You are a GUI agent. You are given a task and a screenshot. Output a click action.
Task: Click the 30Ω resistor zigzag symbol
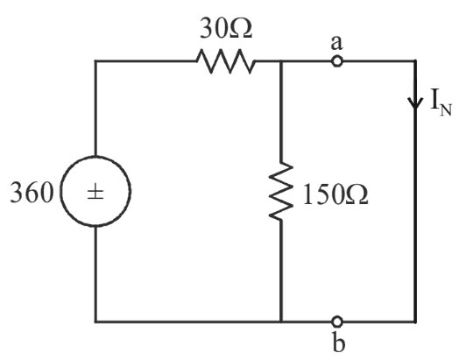tap(225, 61)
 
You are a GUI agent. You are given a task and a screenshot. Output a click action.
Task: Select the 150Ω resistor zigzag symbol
tap(281, 191)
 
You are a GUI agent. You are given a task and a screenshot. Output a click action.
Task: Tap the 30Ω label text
tap(226, 29)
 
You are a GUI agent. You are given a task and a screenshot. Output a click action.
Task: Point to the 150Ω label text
tap(335, 194)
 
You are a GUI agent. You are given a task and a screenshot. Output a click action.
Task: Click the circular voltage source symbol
tap(95, 157)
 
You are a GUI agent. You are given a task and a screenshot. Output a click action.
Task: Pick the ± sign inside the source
tap(95, 194)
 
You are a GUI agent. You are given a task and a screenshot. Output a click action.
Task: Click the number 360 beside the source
tap(32, 193)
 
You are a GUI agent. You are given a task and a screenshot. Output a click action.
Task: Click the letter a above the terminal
tap(336, 43)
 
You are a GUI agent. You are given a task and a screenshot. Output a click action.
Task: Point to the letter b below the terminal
tap(339, 342)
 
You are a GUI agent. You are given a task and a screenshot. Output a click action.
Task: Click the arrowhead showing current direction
tap(415, 103)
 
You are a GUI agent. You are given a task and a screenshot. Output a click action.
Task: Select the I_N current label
tap(441, 103)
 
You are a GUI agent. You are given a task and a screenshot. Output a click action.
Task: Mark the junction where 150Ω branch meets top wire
tap(281, 61)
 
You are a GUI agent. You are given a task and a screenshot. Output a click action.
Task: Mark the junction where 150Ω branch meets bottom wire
tap(281, 322)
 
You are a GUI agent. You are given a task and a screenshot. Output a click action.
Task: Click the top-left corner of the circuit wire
tap(95, 61)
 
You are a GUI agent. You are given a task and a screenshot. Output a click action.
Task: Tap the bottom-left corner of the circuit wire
tap(95, 322)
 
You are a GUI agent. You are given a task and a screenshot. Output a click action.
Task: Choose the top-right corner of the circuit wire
tap(415, 61)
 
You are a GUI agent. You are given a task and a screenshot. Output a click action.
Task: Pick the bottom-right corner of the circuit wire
tap(415, 322)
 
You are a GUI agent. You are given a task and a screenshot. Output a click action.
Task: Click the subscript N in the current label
tap(446, 110)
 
